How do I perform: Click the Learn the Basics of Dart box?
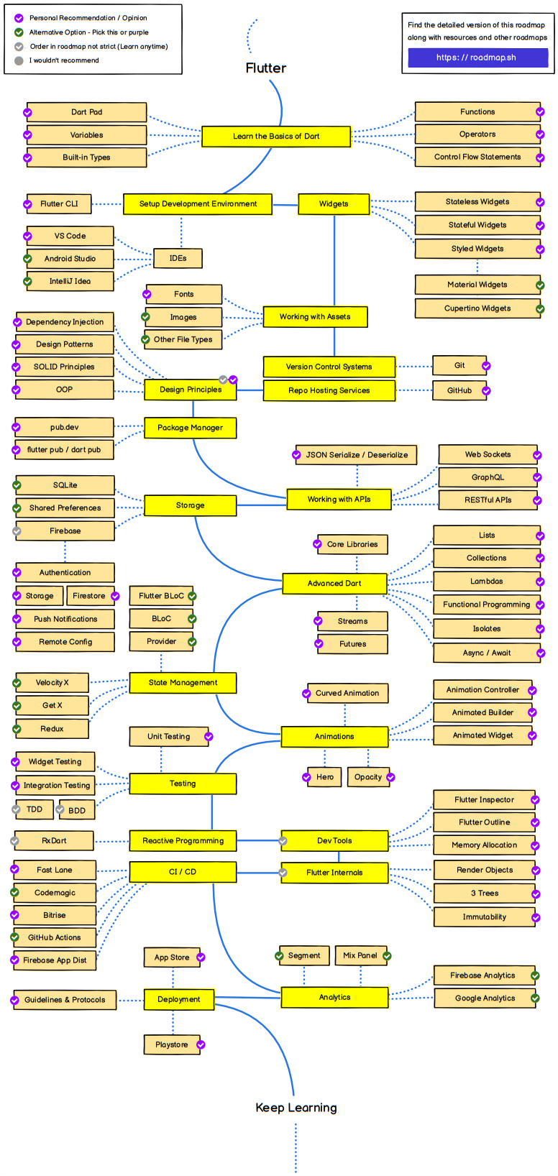coord(276,136)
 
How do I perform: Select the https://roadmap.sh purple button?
coord(477,58)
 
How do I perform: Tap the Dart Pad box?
coord(86,112)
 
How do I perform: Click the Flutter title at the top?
coord(266,68)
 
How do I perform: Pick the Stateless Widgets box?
coord(477,202)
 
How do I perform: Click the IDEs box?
coord(178,258)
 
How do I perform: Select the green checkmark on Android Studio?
coord(27,259)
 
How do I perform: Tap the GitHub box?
coord(459,390)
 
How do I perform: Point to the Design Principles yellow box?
coord(191,390)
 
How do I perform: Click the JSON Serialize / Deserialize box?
coord(357,455)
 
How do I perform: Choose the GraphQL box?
coord(488,477)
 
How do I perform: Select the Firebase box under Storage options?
coord(65,531)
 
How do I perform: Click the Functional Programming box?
coord(486,605)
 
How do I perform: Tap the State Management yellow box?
coord(183,683)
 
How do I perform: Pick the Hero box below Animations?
coord(325,777)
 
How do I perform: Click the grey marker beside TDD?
coord(17,809)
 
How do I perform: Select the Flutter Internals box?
coord(334,873)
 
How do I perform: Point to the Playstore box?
coord(171,1044)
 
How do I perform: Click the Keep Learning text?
coord(296,1108)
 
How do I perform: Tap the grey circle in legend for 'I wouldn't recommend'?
coord(19,61)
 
